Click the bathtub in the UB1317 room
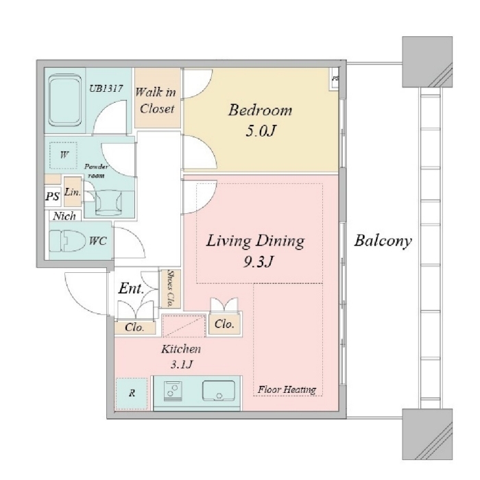coord(64,100)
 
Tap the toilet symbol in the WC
coord(67,241)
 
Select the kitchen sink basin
coord(219,391)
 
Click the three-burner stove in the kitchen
coord(173,391)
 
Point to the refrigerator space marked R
coord(132,394)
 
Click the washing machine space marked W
coord(63,155)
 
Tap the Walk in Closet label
coord(156,100)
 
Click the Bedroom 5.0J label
coord(260,120)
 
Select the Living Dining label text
coord(256,241)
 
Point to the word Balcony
coord(383,241)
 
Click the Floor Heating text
coord(287,389)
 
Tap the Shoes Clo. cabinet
coord(171,289)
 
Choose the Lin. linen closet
coord(73,192)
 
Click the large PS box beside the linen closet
coord(53,195)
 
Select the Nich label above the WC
coord(64,216)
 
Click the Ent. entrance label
coord(131,289)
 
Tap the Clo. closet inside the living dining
coord(224,324)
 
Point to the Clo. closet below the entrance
coord(134,328)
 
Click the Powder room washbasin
coord(108,202)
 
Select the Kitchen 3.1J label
coord(181,357)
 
